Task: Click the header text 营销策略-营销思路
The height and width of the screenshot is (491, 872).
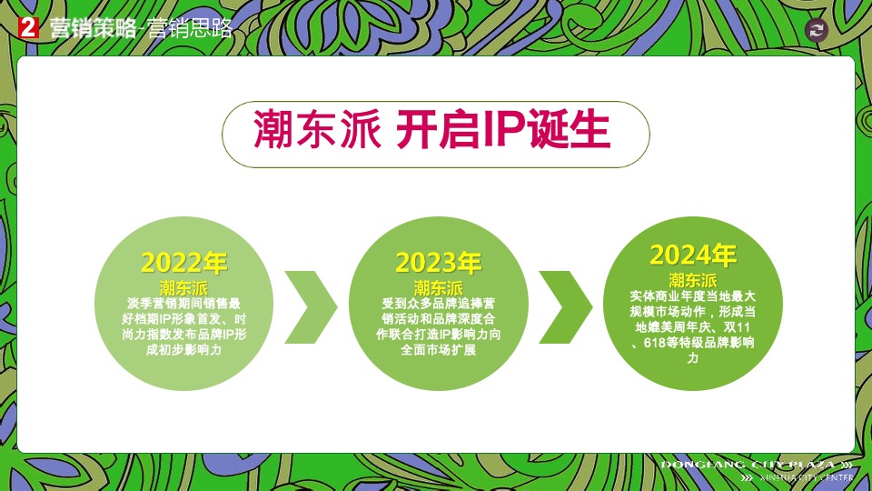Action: click(x=141, y=28)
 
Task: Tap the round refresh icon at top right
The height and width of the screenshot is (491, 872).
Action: click(x=817, y=30)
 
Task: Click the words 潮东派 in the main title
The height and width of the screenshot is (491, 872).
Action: click(x=315, y=131)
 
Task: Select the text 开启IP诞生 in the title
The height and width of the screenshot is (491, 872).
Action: click(x=502, y=131)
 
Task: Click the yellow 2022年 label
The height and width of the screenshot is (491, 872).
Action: click(x=183, y=264)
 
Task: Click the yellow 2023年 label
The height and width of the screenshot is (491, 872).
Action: click(x=438, y=263)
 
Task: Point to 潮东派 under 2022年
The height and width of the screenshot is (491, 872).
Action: click(x=183, y=287)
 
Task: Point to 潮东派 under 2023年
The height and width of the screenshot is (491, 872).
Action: click(x=438, y=287)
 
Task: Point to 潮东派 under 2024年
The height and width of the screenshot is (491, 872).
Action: click(x=692, y=279)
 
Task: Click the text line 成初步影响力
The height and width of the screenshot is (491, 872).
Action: click(x=183, y=350)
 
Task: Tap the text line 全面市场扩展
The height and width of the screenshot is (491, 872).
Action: click(x=438, y=350)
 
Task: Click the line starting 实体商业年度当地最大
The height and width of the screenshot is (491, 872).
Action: click(x=692, y=296)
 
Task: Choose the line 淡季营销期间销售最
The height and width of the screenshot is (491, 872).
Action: click(x=183, y=304)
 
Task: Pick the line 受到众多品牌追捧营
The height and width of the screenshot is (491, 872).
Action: click(x=438, y=304)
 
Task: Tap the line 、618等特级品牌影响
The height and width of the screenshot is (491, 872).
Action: click(x=692, y=343)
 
